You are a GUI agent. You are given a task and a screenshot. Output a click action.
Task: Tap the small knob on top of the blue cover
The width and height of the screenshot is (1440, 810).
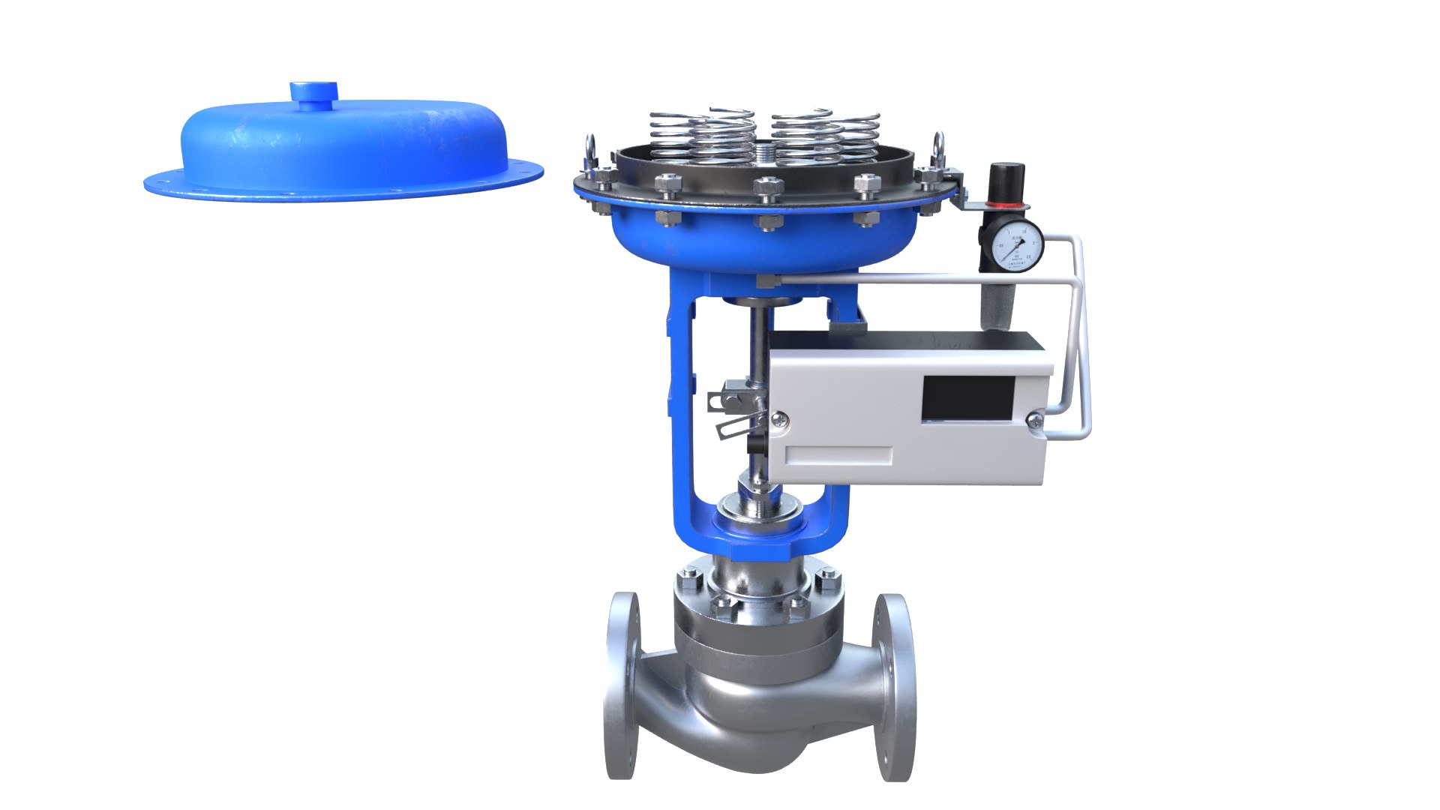coord(314,93)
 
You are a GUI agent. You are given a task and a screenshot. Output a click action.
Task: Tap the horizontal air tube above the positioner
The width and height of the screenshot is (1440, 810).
coord(900,279)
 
